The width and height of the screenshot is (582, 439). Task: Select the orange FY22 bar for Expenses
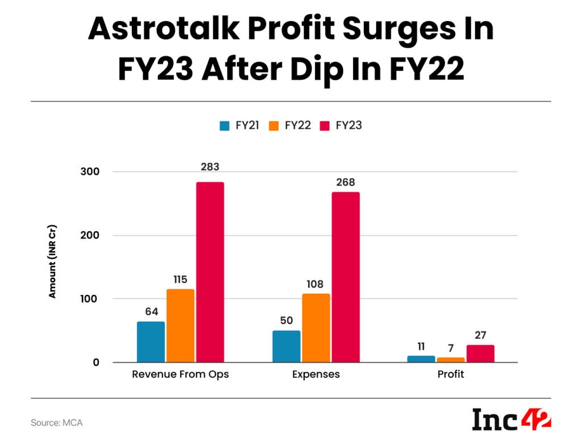pyautogui.click(x=316, y=328)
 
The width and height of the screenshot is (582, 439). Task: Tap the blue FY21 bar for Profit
pyautogui.click(x=421, y=359)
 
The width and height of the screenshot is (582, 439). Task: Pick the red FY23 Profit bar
pyautogui.click(x=480, y=354)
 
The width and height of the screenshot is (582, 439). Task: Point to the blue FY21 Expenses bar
pyautogui.click(x=286, y=346)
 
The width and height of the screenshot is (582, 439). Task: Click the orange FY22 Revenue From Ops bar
pyautogui.click(x=181, y=326)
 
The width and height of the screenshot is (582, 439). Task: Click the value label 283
pyautogui.click(x=210, y=167)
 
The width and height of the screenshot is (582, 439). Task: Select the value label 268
pyautogui.click(x=346, y=183)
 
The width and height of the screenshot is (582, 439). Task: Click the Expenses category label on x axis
pyautogui.click(x=316, y=375)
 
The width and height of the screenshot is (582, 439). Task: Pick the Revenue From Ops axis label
pyautogui.click(x=181, y=375)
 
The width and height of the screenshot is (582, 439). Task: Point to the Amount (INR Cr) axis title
pyautogui.click(x=53, y=265)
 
